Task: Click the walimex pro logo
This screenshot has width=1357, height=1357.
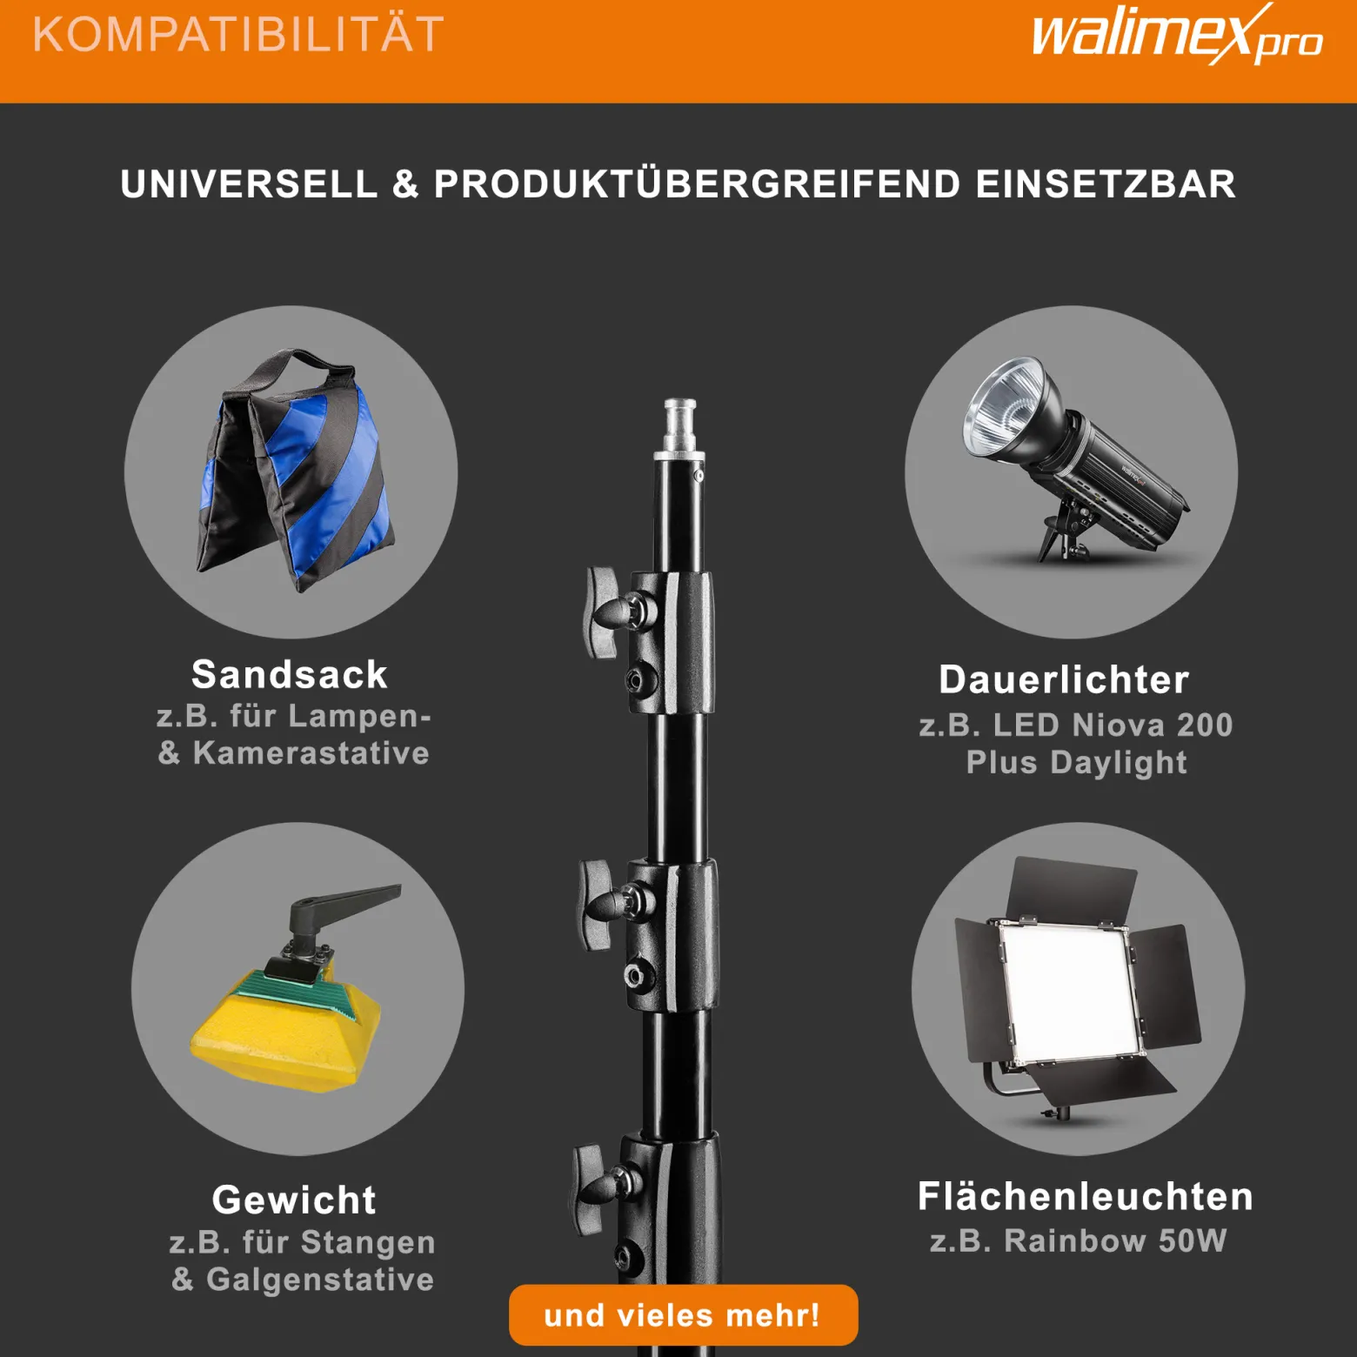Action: tap(1177, 35)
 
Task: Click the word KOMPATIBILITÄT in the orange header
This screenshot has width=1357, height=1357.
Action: tap(238, 35)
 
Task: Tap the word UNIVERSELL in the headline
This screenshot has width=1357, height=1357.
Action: tap(250, 184)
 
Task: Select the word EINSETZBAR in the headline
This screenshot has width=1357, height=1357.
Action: tap(1106, 184)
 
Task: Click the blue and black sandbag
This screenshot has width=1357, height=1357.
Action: tap(296, 473)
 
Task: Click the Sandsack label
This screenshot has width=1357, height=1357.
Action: tap(290, 675)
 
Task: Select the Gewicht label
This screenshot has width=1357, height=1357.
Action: tap(294, 1200)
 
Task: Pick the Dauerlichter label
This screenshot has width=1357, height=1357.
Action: tap(1064, 680)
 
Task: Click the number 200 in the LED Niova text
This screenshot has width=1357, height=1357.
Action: tap(1205, 725)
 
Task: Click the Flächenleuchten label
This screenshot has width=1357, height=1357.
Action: tap(1086, 1197)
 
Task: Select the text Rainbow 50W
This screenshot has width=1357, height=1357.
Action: tap(1115, 1241)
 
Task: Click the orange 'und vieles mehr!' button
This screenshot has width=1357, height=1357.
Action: tap(683, 1315)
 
